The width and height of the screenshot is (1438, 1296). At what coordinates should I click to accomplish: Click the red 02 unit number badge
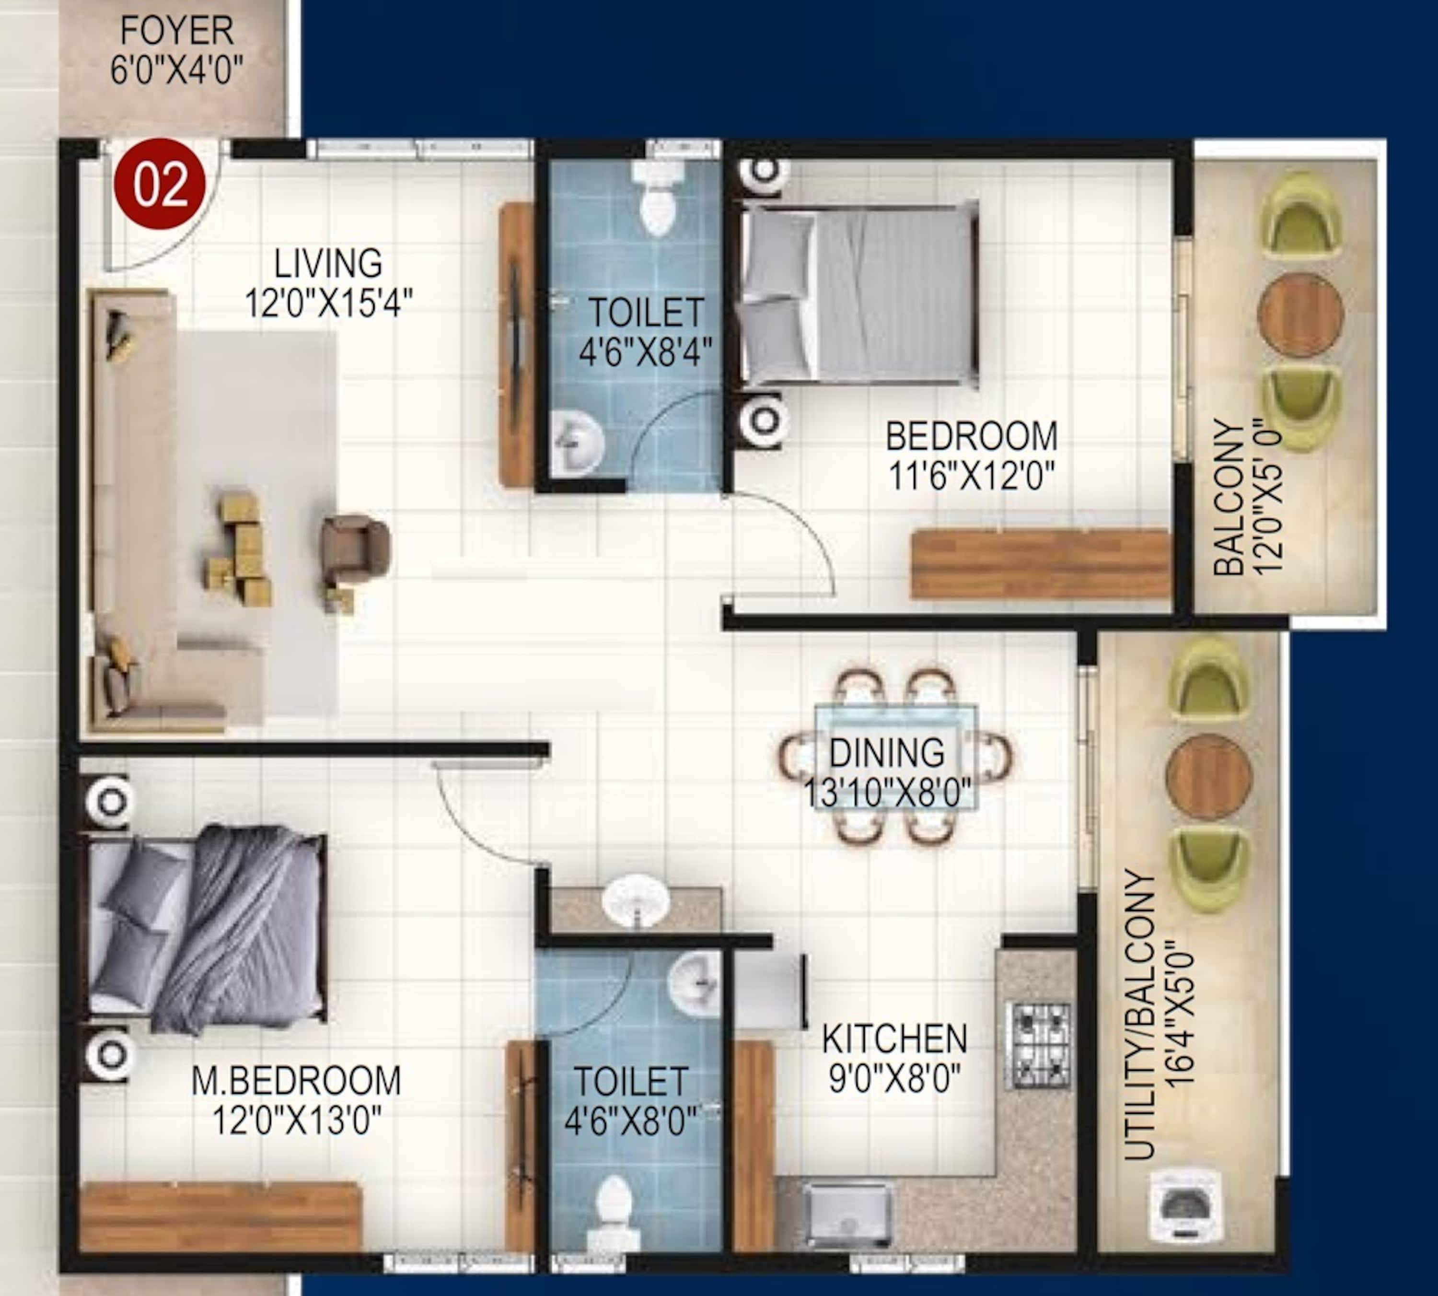point(161,184)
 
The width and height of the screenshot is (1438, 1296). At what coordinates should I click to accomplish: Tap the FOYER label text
point(176,31)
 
